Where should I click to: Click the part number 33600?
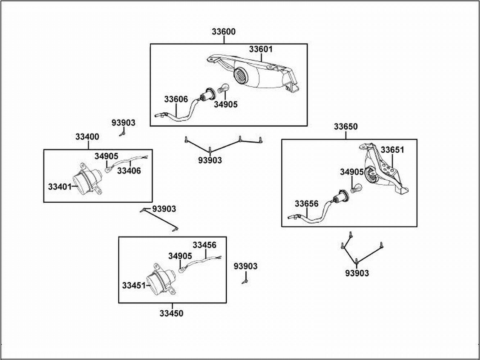click(223, 32)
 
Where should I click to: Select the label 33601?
click(261, 49)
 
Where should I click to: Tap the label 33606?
click(176, 99)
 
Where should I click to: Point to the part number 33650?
click(345, 127)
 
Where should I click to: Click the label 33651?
click(393, 150)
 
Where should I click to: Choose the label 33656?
click(307, 204)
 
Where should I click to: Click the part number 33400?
click(87, 137)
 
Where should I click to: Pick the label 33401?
click(60, 187)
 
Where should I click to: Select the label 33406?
click(129, 171)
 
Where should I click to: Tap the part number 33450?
click(171, 314)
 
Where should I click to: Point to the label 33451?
click(133, 285)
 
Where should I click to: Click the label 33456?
click(204, 245)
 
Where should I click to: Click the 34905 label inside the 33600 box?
click(226, 104)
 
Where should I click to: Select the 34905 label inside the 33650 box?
click(352, 172)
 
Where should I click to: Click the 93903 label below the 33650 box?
click(357, 274)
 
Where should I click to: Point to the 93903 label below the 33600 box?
click(210, 161)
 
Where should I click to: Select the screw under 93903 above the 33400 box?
click(122, 134)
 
